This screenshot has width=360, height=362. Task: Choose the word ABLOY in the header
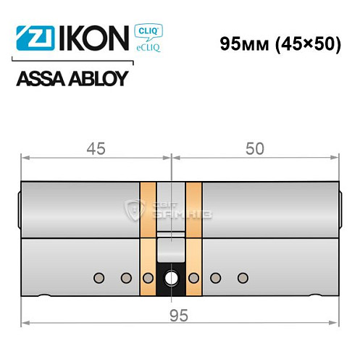pyautogui.click(x=96, y=77)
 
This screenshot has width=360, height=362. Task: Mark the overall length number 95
pyautogui.click(x=171, y=313)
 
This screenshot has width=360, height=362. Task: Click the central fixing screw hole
pyautogui.click(x=172, y=278)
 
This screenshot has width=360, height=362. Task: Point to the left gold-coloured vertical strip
pyautogui.click(x=146, y=239)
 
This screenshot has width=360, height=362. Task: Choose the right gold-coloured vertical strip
pyautogui.click(x=193, y=239)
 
